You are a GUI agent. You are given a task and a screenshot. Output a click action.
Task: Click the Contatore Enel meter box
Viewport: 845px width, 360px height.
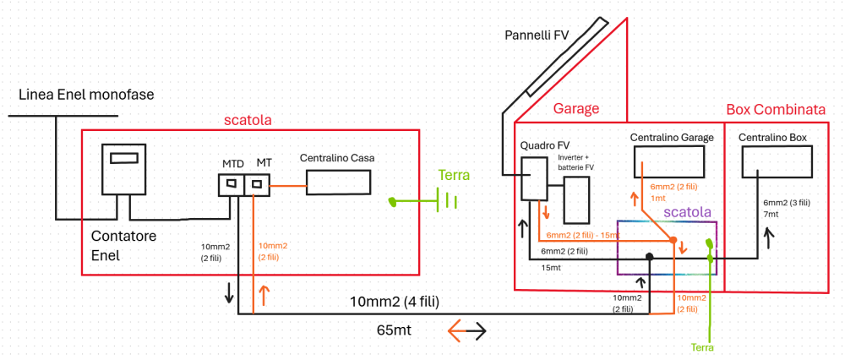pos(125,169)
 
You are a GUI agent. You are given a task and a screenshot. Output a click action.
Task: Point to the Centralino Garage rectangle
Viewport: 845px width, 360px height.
pos(669,161)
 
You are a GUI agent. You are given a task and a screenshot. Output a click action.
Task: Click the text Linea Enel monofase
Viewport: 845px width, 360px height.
pos(86,95)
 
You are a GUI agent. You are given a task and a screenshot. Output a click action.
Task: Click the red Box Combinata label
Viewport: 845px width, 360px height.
pos(776,110)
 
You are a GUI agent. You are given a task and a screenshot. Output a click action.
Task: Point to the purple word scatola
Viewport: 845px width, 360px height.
pos(688,212)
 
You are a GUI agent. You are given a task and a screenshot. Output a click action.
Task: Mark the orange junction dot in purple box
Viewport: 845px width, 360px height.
pos(673,241)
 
